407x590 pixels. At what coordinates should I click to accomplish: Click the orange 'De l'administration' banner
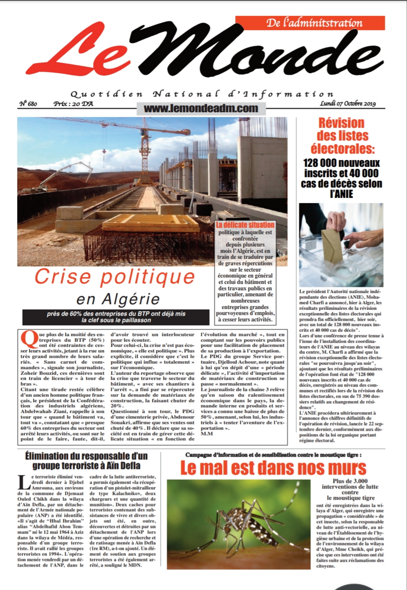[310, 23]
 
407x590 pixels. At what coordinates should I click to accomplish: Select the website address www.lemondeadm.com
[201, 108]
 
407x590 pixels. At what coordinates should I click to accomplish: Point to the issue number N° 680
[28, 104]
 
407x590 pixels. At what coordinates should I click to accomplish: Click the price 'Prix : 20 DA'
[73, 104]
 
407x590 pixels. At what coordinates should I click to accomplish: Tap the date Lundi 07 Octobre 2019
[347, 104]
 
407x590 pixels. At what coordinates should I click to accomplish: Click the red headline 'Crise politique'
[115, 277]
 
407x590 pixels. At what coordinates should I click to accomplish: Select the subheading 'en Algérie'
[118, 299]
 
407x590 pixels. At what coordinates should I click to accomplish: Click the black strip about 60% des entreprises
[116, 317]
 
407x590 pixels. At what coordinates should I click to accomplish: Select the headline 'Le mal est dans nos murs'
[273, 468]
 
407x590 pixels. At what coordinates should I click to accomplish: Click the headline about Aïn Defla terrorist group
[86, 461]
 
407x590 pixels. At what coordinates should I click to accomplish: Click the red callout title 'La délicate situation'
[245, 225]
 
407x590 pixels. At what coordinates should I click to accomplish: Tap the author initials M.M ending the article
[206, 434]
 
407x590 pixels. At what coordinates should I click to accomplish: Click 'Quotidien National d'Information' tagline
[202, 94]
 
